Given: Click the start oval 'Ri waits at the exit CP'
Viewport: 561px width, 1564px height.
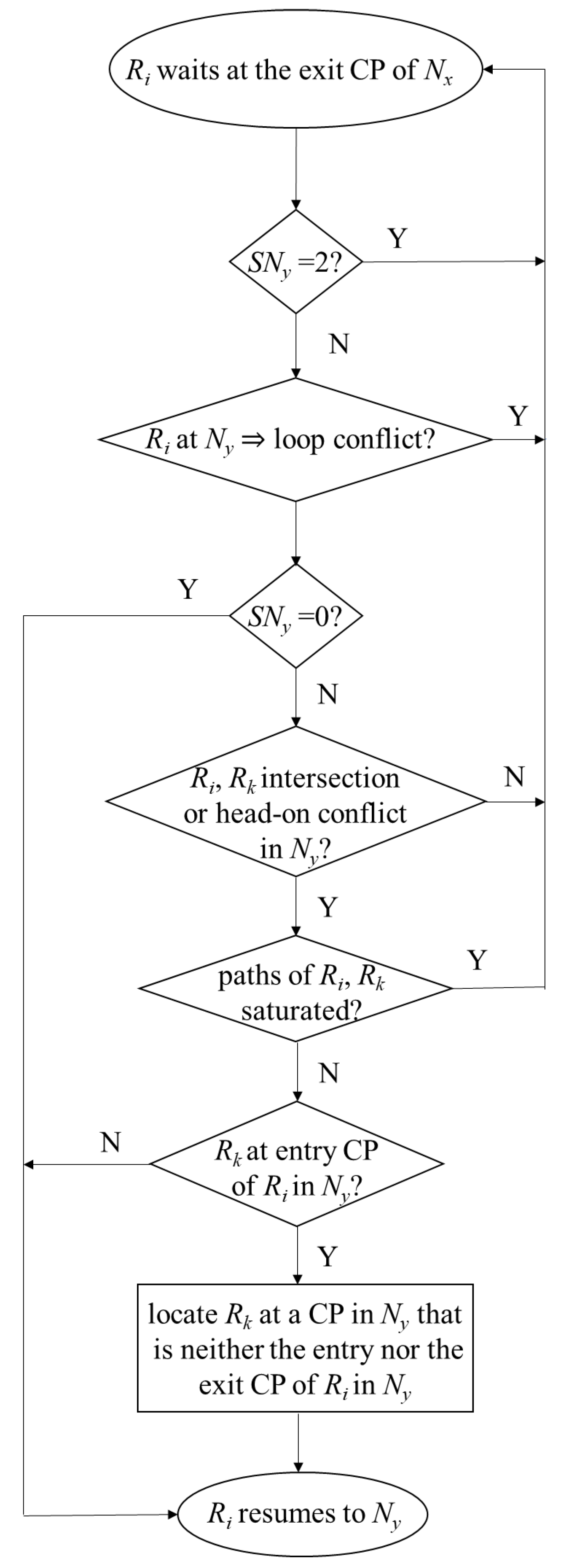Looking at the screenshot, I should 295,69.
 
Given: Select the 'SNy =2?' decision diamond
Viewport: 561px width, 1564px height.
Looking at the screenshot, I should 295,262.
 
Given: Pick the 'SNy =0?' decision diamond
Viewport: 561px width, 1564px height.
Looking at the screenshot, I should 295,616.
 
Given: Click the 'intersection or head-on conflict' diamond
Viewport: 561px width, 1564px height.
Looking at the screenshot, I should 295,801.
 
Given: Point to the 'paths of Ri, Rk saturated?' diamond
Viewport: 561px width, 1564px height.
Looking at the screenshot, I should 295,988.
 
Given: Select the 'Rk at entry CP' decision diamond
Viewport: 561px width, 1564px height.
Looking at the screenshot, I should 295,1164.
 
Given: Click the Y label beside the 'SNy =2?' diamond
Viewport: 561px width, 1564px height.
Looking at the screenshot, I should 397,238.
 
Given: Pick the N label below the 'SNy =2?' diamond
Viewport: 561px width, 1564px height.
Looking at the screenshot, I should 339,344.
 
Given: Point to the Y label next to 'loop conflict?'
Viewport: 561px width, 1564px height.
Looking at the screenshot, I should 517,416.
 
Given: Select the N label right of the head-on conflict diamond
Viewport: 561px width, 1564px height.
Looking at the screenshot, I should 514,777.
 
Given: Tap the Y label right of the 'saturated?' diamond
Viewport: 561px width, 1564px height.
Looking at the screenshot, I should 477,960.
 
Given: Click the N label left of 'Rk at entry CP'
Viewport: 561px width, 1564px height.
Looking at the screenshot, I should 110,1142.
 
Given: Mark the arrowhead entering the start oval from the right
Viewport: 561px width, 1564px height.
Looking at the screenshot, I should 487,69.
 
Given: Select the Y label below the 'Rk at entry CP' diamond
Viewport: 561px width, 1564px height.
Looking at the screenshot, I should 327,1256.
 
